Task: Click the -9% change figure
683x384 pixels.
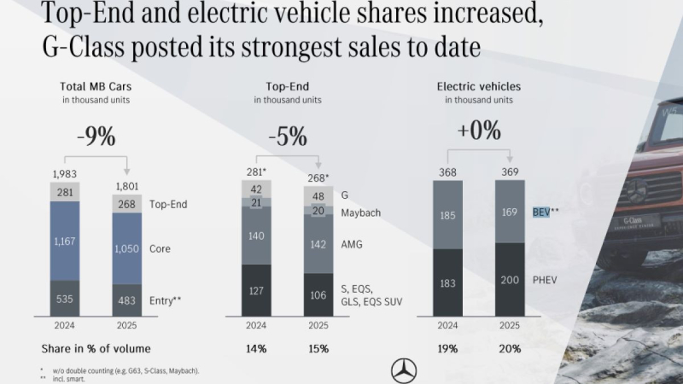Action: point(96,137)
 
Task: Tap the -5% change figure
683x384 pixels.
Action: point(288,137)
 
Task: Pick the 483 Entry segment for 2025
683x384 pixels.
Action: point(127,300)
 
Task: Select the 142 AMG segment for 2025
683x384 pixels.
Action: point(318,244)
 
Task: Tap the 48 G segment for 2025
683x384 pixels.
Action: point(318,195)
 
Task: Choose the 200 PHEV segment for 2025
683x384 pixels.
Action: point(510,278)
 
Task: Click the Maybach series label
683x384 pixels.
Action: point(359,212)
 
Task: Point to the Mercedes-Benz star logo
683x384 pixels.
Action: point(403,369)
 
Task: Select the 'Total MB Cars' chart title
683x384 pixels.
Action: point(96,86)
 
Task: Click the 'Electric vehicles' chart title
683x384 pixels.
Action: point(478,86)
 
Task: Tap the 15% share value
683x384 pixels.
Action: point(318,348)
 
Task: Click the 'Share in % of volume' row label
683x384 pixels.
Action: point(95,348)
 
